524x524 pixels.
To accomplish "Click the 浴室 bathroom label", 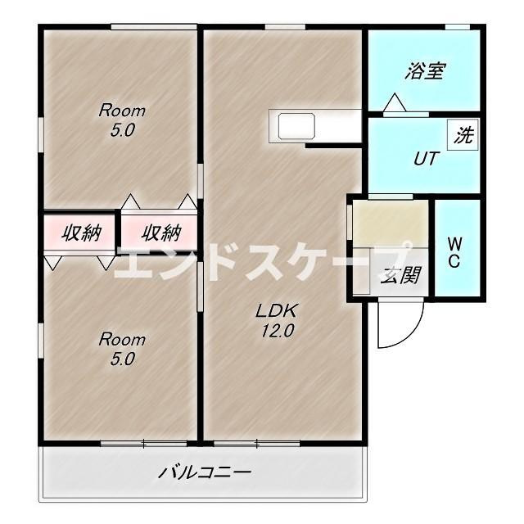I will (x=423, y=71).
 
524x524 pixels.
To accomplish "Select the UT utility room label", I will (x=423, y=158).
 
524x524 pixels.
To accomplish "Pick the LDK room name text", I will (x=280, y=311).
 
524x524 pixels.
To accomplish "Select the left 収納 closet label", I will (x=81, y=233).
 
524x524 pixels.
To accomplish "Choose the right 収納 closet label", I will (x=160, y=233).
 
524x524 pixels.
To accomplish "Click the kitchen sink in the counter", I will (x=296, y=127).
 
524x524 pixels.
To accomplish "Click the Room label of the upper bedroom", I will (x=122, y=111).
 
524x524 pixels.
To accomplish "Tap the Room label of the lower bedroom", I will (x=122, y=339).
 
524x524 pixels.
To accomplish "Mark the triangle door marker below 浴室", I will (x=395, y=104).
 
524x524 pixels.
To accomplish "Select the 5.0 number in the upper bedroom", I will (x=122, y=130).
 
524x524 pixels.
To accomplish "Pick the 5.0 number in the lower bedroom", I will (x=122, y=359).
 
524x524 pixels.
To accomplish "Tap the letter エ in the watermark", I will (x=133, y=262).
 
